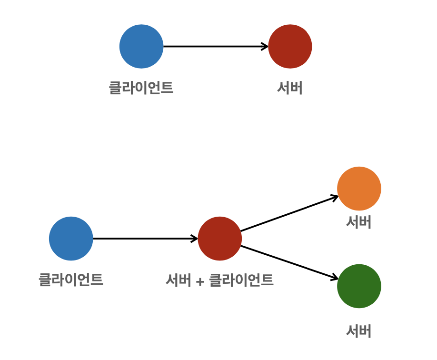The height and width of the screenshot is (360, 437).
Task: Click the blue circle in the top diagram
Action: click(141, 47)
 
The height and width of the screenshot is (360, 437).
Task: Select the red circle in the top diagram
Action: click(290, 47)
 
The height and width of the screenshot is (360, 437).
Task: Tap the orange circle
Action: click(359, 189)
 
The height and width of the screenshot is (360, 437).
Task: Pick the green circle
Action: click(359, 286)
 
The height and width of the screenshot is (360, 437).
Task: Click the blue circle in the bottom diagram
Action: click(71, 239)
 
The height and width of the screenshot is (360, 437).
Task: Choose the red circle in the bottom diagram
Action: click(219, 239)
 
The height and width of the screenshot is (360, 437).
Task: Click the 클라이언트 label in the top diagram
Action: click(141, 88)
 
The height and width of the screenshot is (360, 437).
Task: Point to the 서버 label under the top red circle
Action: click(290, 88)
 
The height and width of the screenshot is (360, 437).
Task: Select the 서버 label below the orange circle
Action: click(359, 222)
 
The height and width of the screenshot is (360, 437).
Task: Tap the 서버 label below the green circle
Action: click(359, 331)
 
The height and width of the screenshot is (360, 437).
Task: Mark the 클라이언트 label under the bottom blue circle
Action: click(71, 280)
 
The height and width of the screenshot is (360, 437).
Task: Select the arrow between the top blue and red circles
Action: click(214, 47)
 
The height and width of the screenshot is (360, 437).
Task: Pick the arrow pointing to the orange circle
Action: click(288, 214)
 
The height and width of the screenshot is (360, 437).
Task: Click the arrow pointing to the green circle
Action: click(288, 262)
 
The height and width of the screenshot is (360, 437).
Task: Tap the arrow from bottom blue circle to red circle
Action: click(143, 239)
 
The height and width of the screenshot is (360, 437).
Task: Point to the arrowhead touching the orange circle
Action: click(335, 196)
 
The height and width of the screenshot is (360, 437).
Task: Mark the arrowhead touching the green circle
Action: click(335, 278)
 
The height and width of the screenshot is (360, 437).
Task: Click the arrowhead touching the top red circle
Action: click(265, 47)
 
